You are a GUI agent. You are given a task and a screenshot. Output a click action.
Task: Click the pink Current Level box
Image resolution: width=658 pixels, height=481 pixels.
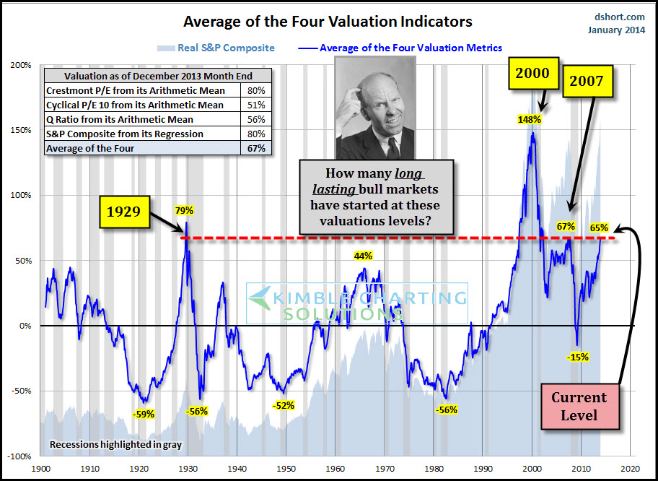[579, 406]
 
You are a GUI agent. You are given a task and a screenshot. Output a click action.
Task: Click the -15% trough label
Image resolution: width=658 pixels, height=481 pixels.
[577, 356]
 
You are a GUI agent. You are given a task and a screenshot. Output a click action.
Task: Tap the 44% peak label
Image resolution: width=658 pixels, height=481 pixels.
[363, 256]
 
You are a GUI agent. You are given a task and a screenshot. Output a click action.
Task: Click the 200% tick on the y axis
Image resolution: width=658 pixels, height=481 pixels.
[21, 65]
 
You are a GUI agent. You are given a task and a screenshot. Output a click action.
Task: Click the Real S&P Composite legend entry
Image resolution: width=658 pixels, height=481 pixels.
[215, 48]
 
